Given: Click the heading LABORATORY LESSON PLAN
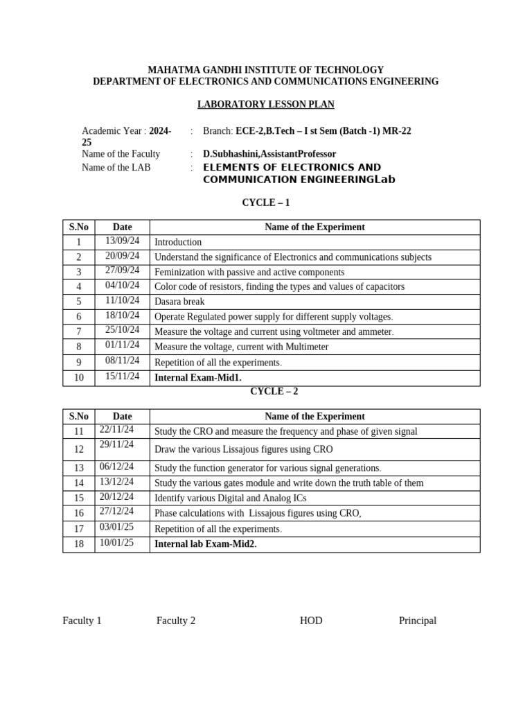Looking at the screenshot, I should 265,105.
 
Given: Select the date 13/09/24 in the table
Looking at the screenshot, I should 122,241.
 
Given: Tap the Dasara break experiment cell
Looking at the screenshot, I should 179,302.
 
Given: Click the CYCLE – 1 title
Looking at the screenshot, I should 265,203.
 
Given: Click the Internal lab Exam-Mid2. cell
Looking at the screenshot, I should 206,544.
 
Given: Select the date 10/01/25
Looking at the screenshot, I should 116,542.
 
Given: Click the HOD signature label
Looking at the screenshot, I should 311,621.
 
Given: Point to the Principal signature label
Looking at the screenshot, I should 418,621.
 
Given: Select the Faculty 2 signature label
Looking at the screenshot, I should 176,621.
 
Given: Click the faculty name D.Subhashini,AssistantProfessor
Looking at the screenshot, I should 269,154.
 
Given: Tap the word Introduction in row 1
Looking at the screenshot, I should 178,242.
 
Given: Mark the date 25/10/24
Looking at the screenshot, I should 122,330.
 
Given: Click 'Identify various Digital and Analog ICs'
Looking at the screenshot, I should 230,498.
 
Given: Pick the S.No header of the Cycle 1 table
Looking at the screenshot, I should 78,227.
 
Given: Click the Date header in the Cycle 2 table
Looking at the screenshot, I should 122,417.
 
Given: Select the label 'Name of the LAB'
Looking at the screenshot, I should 116,167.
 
